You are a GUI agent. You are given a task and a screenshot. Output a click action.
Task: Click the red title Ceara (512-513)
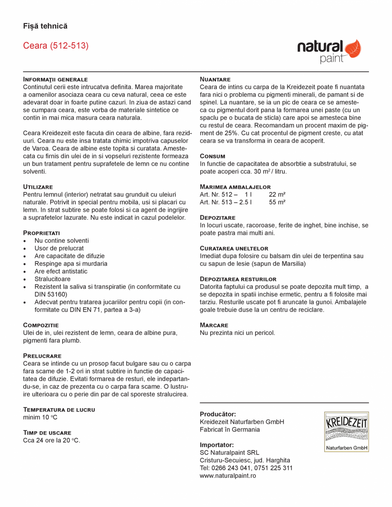56,46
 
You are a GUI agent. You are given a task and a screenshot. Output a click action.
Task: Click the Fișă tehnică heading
45,26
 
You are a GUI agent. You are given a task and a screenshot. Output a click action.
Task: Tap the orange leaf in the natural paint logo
352,49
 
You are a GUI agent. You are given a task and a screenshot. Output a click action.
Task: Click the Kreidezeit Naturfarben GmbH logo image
346,432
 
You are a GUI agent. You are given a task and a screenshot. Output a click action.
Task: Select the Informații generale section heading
55,79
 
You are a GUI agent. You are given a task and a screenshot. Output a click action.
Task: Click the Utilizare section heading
38,187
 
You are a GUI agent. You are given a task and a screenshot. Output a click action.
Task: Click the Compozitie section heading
41,325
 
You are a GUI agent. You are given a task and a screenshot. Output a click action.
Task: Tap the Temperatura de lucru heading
59,409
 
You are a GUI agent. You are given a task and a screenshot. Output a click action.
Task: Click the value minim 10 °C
40,418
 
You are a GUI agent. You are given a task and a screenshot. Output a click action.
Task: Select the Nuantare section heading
215,79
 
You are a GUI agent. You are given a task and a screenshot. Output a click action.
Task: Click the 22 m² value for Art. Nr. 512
277,194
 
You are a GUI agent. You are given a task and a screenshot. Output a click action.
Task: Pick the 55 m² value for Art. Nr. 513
277,202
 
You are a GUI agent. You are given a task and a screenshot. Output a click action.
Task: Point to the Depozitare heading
218,217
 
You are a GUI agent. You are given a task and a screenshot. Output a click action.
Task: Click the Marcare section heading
214,325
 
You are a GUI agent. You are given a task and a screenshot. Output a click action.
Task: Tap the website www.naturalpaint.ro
228,475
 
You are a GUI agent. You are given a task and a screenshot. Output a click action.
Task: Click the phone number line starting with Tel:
246,468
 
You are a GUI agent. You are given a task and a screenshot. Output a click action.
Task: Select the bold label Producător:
218,414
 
